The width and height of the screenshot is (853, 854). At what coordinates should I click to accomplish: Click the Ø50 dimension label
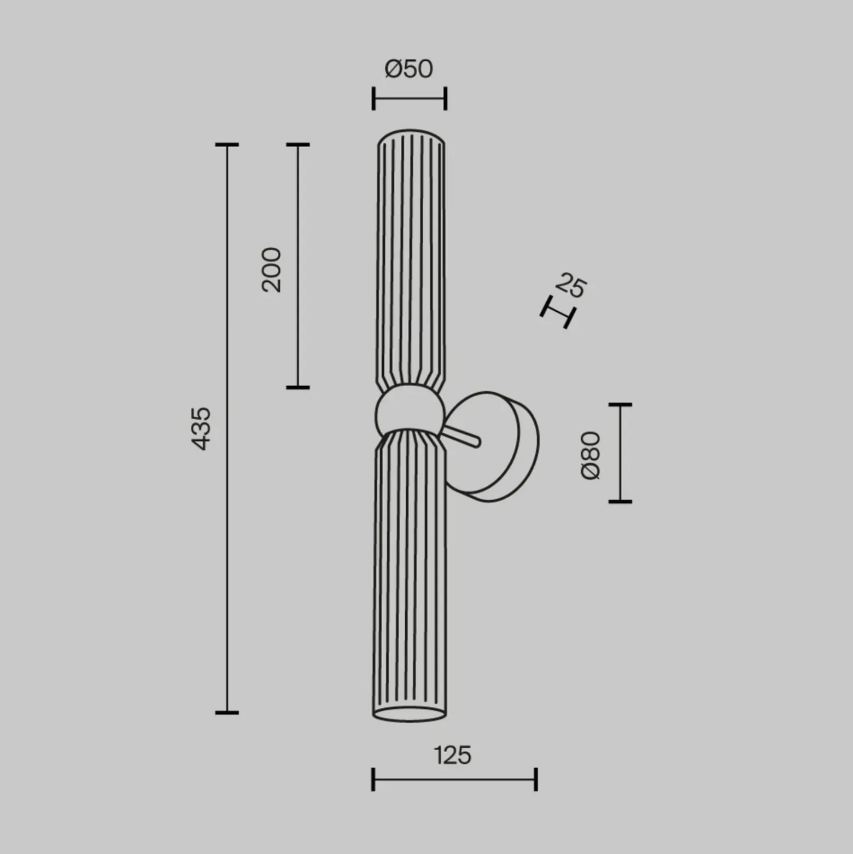coord(409,69)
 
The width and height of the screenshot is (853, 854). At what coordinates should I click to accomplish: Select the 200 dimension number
coord(271,270)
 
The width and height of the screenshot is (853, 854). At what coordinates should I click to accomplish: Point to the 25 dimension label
coord(571,285)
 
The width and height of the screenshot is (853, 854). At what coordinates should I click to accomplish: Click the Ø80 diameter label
coord(591,456)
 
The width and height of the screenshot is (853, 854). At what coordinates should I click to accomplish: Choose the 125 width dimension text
coord(453,755)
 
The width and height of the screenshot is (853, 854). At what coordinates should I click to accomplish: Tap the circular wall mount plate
coord(492,446)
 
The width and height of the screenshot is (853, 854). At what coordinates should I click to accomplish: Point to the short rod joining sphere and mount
coord(462,435)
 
